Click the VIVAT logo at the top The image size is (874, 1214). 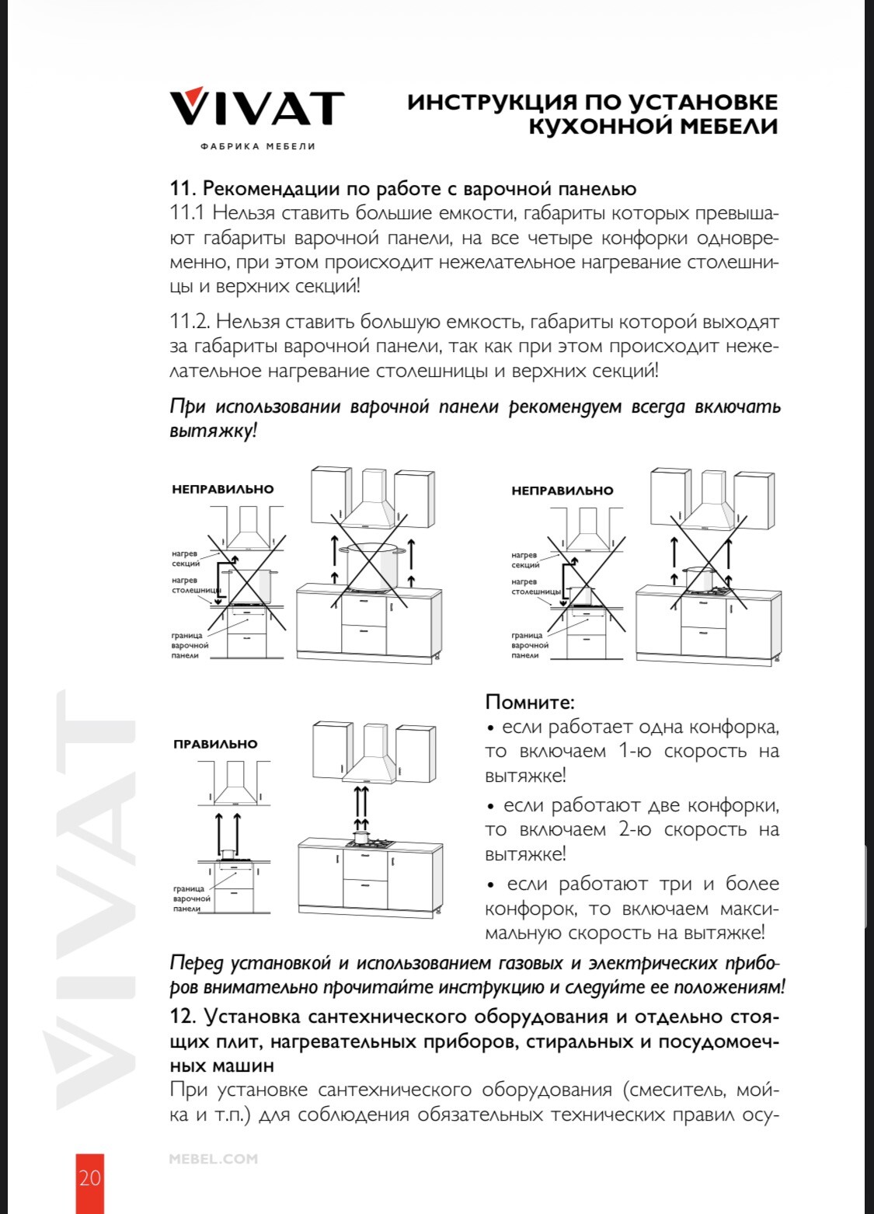[x=257, y=107]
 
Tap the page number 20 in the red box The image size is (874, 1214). [x=89, y=1177]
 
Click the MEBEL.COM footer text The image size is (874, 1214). [x=213, y=1159]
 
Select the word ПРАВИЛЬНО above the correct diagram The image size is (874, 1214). [x=215, y=745]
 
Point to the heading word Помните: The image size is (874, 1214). [x=530, y=702]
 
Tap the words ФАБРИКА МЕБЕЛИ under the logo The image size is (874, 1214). [x=258, y=146]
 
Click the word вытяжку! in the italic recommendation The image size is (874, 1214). [x=212, y=431]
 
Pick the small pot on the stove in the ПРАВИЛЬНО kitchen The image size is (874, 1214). [x=360, y=837]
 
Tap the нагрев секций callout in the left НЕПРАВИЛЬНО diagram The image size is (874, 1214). [x=186, y=558]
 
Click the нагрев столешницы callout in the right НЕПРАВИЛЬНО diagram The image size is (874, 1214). [x=535, y=586]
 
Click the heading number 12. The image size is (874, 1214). [x=183, y=1017]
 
